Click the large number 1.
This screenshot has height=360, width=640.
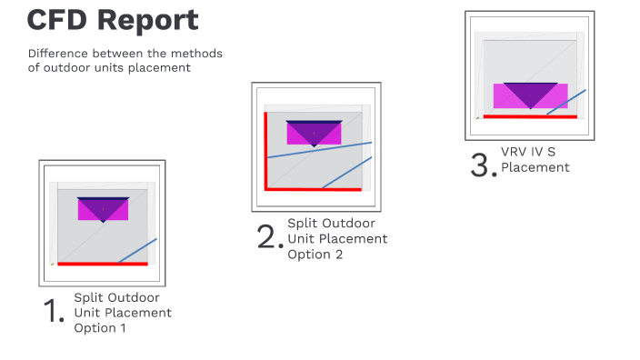(x=54, y=312)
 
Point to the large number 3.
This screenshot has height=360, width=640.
(x=483, y=166)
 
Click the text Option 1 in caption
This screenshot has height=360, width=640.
(x=100, y=328)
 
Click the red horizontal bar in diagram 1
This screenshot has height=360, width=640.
(x=89, y=264)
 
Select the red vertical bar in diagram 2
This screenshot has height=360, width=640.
(x=265, y=150)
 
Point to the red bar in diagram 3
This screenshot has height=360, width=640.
(x=529, y=116)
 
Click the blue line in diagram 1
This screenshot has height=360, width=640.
(x=138, y=250)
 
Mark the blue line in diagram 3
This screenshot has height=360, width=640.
(x=566, y=102)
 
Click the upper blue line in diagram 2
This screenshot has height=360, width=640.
(x=319, y=150)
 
